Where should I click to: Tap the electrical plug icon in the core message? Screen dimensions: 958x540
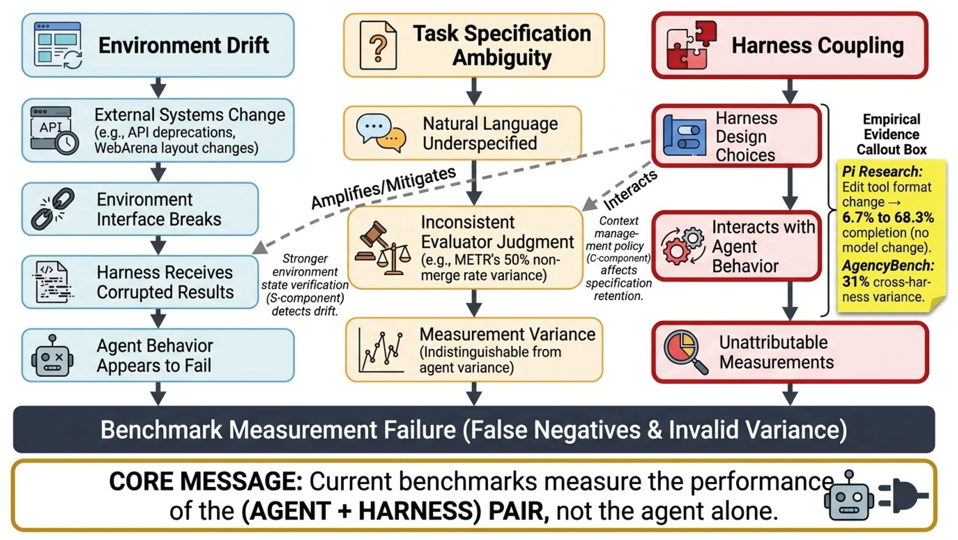pyautogui.click(x=904, y=495)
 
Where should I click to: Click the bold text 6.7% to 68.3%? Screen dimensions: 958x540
pyautogui.click(x=888, y=217)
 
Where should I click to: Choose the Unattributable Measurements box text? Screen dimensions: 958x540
pyautogui.click(x=776, y=352)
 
